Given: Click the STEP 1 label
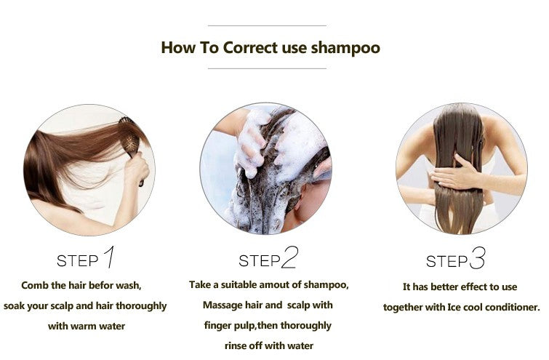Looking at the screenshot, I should coord(86,258).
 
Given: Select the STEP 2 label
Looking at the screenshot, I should coord(268,258).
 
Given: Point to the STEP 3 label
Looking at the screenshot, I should coord(455,259).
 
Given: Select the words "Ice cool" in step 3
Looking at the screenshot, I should coord(451,307).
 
